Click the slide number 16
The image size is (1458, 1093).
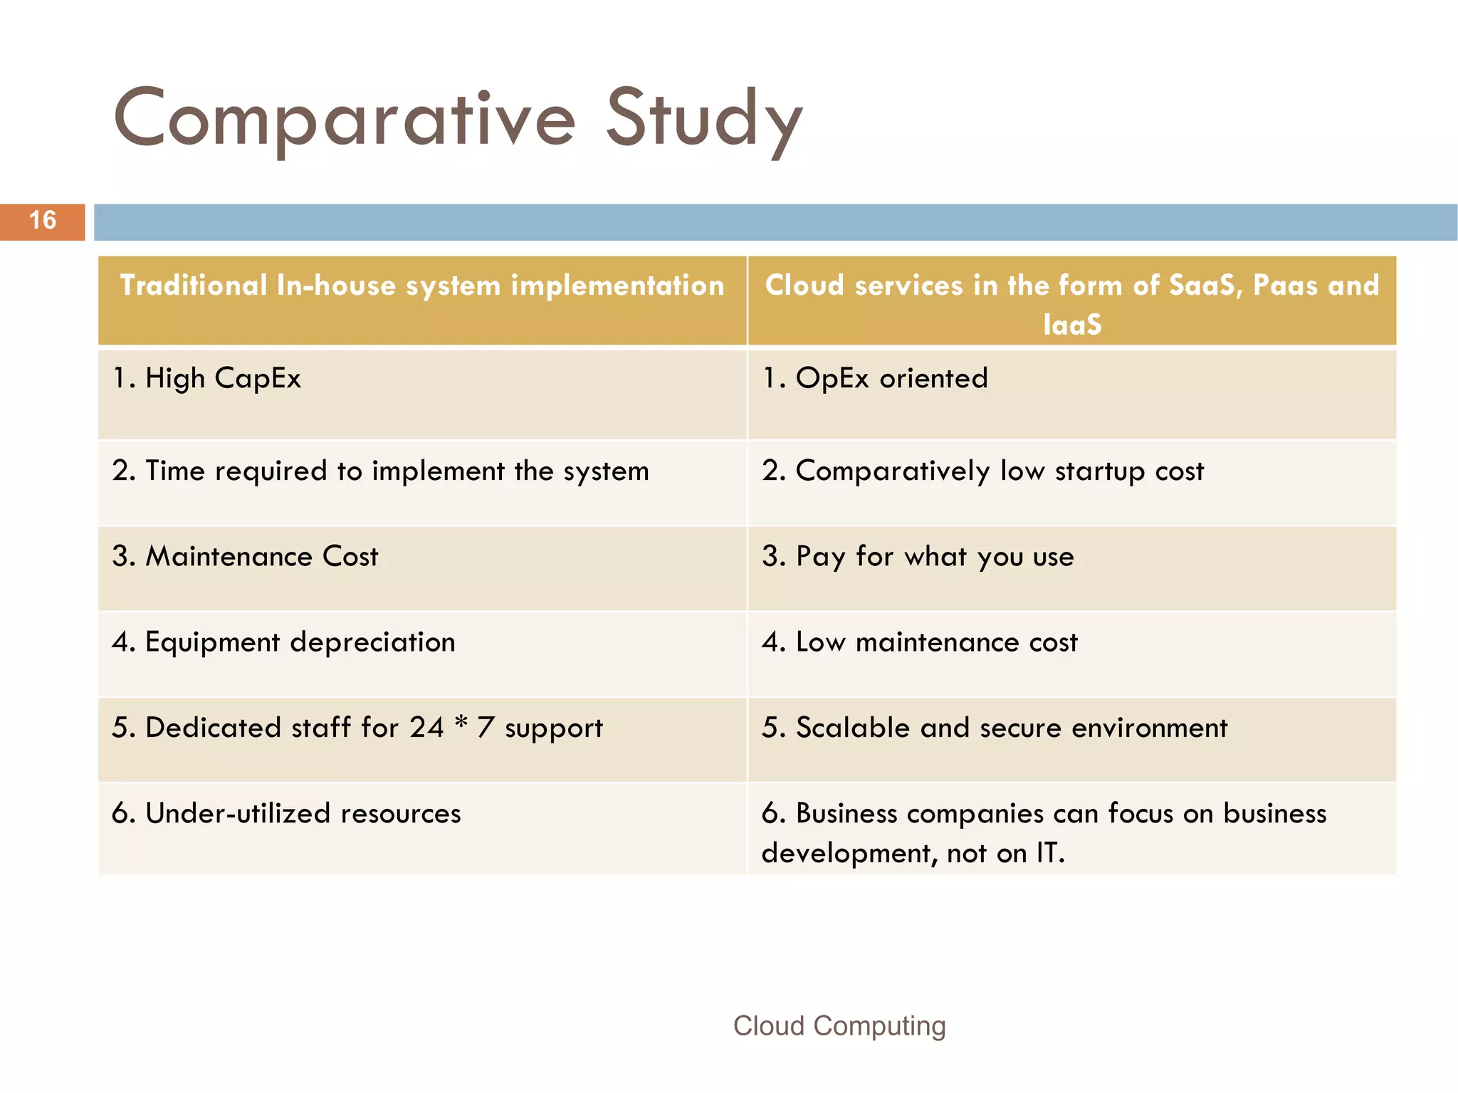43,221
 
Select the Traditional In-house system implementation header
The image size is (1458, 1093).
422,286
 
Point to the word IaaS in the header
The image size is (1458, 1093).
1072,325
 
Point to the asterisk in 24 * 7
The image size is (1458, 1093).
461,723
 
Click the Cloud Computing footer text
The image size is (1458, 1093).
839,1026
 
